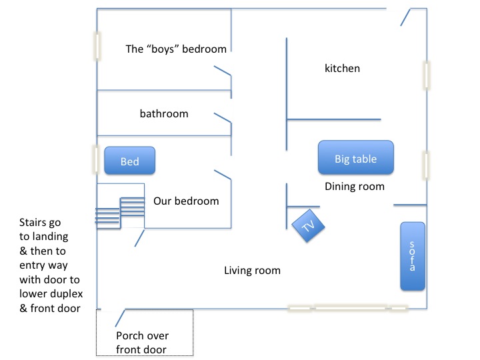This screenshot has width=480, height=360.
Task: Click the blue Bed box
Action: [x=129, y=161]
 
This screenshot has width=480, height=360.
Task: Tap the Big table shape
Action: [x=355, y=159]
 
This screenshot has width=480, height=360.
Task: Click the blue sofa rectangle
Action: [x=412, y=256]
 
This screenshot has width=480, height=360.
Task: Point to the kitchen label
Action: [x=342, y=68]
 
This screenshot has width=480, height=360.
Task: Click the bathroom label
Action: [x=163, y=113]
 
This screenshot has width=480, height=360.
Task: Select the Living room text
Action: [x=252, y=270]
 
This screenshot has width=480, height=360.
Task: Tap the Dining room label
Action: [x=354, y=187]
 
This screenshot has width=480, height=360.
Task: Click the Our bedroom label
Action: [x=186, y=201]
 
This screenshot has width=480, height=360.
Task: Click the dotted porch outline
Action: [x=145, y=353]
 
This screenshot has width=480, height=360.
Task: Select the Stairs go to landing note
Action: [x=50, y=265]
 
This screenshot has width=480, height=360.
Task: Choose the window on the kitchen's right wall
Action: [x=425, y=75]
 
